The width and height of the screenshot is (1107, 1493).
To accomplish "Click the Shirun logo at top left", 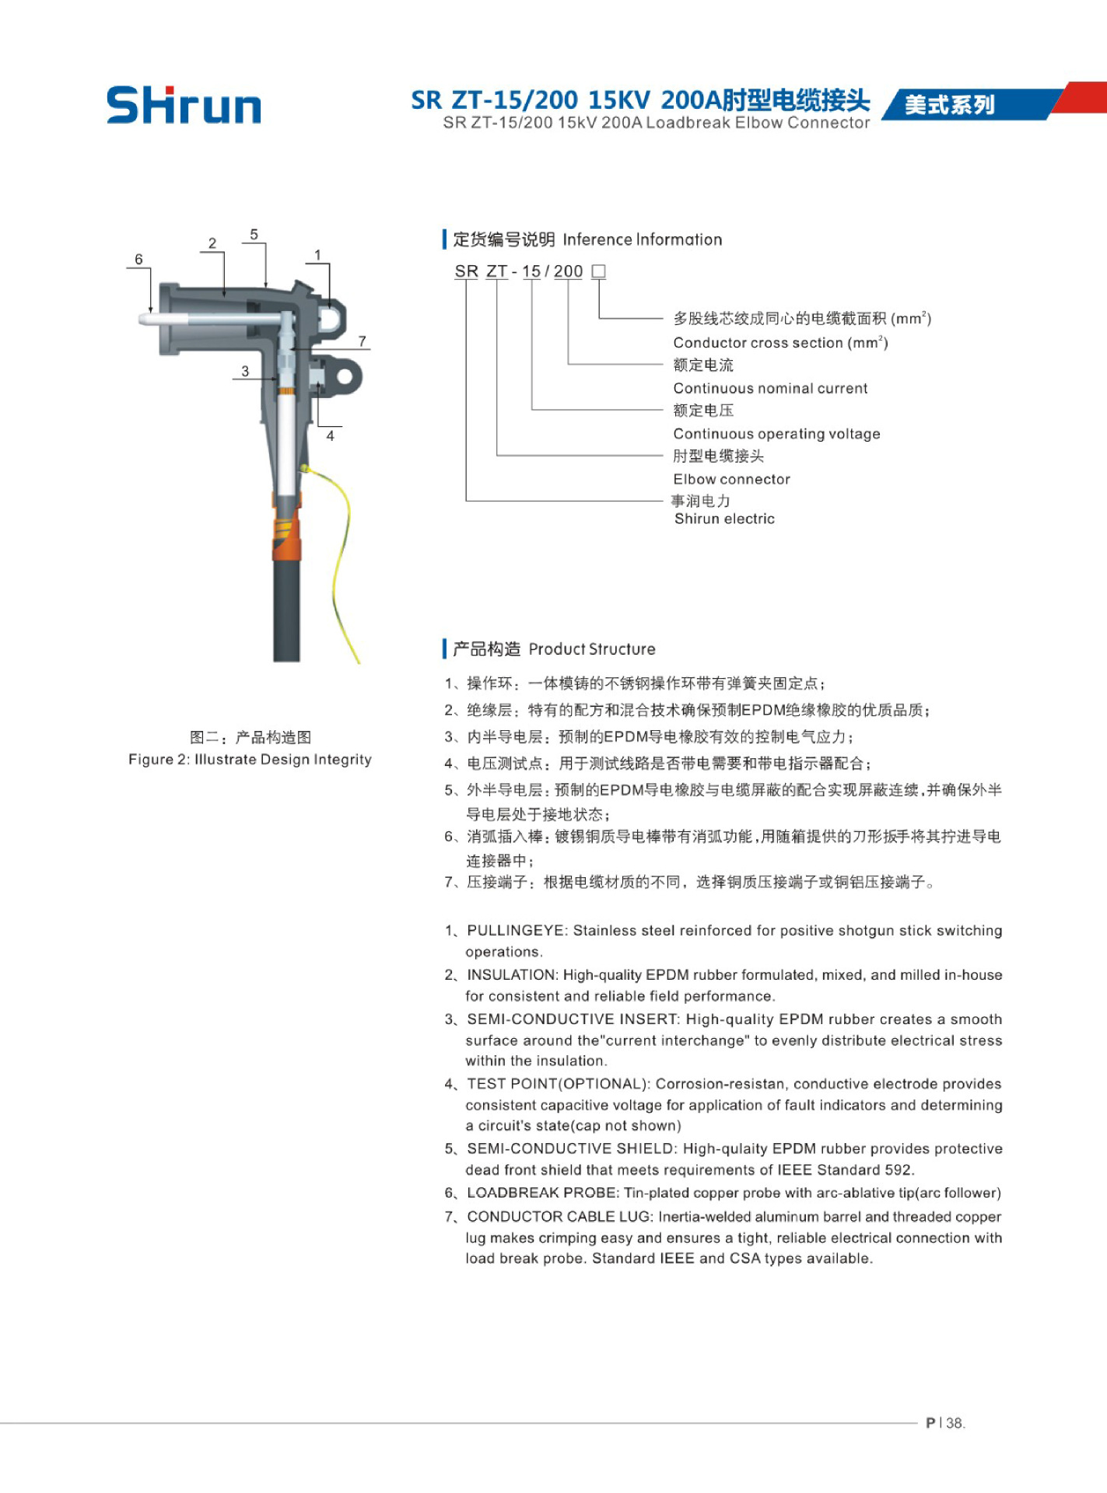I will click(x=184, y=105).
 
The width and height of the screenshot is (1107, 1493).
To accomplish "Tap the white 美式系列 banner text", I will click(x=949, y=105).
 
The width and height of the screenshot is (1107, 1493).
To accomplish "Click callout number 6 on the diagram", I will click(x=138, y=259).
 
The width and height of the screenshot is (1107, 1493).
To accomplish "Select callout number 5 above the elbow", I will click(x=254, y=235).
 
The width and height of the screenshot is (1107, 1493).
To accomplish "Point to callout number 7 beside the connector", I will click(x=362, y=341).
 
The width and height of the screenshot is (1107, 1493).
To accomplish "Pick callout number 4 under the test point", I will click(x=330, y=436).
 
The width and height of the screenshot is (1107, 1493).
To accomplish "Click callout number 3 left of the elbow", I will click(x=245, y=372).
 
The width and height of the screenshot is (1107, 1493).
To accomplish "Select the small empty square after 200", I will click(x=598, y=271).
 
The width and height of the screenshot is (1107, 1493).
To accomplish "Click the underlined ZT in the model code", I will click(x=496, y=271).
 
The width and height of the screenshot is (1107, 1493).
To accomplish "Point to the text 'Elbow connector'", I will click(x=731, y=479).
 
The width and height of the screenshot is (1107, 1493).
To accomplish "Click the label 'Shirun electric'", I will click(x=724, y=519).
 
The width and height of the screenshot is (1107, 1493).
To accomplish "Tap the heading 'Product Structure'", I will click(x=592, y=649).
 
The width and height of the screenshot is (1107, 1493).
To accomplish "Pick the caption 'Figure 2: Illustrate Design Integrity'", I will click(x=250, y=759).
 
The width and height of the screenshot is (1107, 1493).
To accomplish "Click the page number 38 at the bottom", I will click(x=955, y=1423).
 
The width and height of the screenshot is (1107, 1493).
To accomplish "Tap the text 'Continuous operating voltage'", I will click(x=776, y=434).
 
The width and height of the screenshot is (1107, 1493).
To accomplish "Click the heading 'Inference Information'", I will click(x=642, y=240).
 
